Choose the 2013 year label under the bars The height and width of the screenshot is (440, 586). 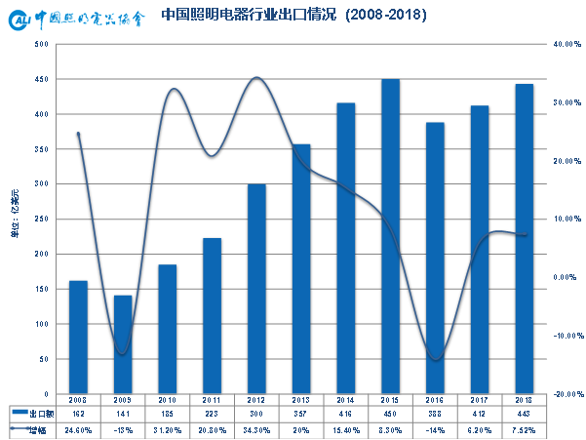click(x=301, y=400)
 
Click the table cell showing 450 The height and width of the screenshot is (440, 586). click(x=390, y=415)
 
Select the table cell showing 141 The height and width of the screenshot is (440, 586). click(x=123, y=415)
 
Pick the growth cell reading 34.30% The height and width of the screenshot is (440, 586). click(x=256, y=429)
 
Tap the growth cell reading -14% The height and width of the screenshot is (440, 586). click(x=435, y=429)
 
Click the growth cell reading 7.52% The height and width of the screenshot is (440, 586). click(x=525, y=429)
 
